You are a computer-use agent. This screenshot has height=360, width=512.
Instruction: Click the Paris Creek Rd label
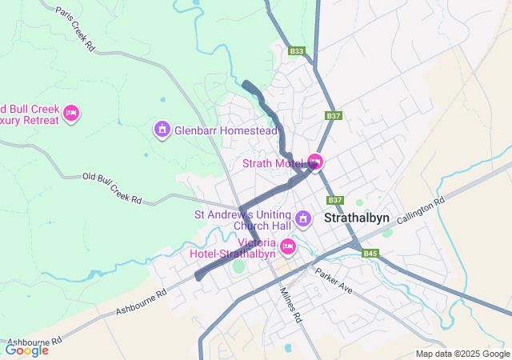[76, 30]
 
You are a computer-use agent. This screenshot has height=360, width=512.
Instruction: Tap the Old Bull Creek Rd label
[112, 187]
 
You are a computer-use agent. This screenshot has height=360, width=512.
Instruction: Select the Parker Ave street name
[334, 282]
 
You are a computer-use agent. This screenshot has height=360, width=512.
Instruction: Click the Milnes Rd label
[290, 305]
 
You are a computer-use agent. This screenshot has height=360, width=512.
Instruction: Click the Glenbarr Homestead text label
[226, 130]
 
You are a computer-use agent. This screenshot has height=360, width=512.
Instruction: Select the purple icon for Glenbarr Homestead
[162, 129]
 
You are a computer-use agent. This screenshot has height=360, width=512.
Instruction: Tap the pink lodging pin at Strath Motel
[315, 162]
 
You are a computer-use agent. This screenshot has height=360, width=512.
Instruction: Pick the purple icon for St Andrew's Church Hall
[303, 218]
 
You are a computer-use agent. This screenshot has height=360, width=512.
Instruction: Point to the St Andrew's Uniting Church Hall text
[243, 220]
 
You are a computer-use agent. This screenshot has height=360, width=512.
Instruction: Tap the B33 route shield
[297, 51]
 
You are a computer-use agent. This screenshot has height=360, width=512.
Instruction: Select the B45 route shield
[369, 254]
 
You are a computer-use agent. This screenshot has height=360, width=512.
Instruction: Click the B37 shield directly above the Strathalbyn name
[334, 199]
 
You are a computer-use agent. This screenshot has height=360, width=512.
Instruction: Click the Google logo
[26, 350]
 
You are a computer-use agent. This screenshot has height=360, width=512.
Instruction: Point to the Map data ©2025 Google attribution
[462, 354]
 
